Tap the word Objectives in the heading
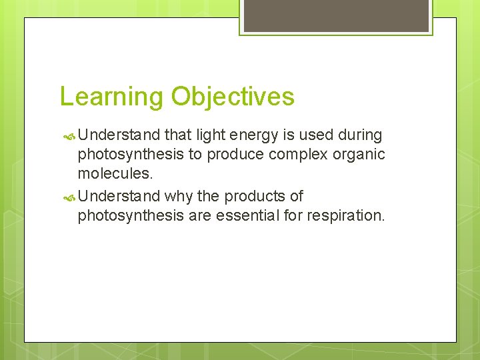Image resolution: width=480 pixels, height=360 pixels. (233, 97)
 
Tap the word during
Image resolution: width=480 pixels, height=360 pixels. (360, 135)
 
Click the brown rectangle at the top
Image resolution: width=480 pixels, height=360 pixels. (336, 15)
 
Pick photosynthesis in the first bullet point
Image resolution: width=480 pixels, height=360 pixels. (133, 155)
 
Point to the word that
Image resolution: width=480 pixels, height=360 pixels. (177, 135)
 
